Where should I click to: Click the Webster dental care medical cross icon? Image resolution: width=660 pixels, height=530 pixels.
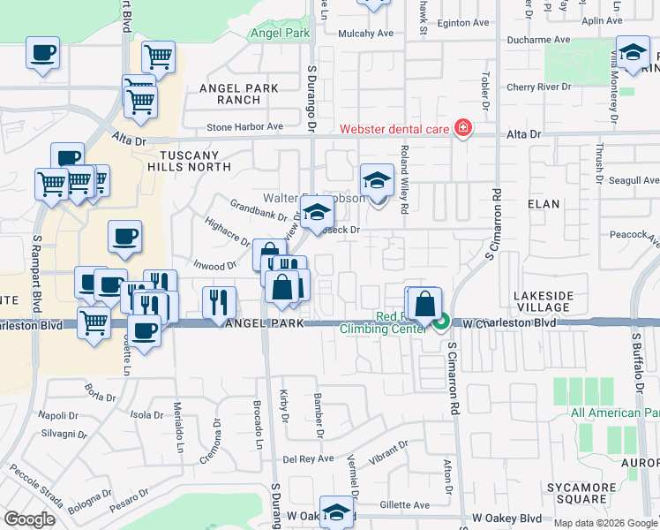[x=461, y=129]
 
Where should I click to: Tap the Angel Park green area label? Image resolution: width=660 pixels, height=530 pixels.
[x=280, y=33]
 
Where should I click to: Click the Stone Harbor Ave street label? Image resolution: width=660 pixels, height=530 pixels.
[x=244, y=127]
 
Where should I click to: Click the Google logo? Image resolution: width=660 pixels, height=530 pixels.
[x=28, y=519]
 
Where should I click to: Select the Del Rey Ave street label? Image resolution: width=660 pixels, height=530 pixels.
[x=308, y=459]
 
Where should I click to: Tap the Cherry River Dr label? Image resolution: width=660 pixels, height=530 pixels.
[x=538, y=87]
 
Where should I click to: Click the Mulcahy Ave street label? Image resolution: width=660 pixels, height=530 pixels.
[x=365, y=34]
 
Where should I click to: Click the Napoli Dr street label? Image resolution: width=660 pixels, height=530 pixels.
[x=58, y=414]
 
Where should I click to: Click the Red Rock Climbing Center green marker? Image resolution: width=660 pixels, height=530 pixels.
[x=442, y=323]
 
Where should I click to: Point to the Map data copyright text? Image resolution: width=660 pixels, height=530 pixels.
[x=605, y=523]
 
